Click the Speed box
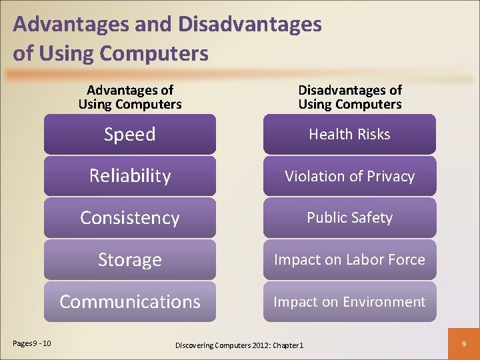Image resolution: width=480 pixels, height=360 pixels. pos(130,134)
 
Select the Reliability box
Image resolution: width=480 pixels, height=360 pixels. pos(130,176)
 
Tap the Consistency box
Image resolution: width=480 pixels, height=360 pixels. pos(130,218)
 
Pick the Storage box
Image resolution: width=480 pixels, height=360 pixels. pos(130,259)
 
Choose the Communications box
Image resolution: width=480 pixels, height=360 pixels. pos(130,301)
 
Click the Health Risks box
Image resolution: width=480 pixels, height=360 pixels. pos(349,134)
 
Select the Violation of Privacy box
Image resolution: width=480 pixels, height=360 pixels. pos(349,176)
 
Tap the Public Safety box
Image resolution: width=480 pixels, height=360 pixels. pos(349,218)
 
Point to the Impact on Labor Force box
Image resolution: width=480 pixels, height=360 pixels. pos(349,259)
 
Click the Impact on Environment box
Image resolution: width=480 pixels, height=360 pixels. pos(349,301)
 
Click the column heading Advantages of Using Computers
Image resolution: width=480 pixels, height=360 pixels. pos(130,97)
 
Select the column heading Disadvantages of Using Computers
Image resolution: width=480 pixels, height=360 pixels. pos(349,97)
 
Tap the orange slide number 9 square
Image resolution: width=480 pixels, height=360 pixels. pos(463,344)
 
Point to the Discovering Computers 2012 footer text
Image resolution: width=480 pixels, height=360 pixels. pos(239,345)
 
